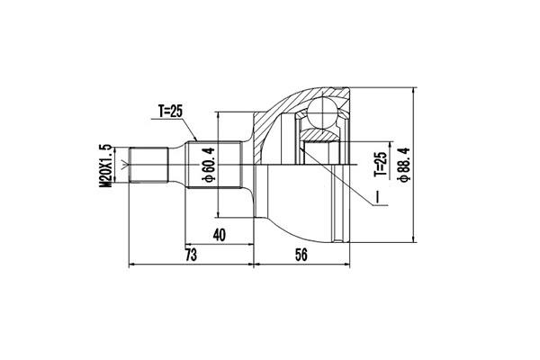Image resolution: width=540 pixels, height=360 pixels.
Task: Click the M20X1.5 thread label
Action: pos(106,164)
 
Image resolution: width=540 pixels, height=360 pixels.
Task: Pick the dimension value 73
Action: pos(191,255)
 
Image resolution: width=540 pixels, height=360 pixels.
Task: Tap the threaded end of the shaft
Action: pos(150,166)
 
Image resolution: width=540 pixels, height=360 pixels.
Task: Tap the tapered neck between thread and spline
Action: pos(179,166)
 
